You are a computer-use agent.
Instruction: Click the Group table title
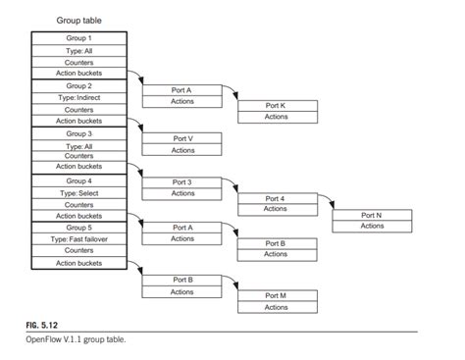pos(77,21)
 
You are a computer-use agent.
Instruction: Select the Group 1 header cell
pos(77,38)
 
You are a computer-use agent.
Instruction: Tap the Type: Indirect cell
pos(77,97)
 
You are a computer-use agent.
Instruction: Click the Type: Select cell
pos(77,192)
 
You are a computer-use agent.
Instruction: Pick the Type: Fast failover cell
pos(77,239)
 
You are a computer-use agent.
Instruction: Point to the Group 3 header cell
pos(77,132)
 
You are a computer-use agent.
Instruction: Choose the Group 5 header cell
pos(77,228)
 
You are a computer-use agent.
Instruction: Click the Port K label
pos(276,105)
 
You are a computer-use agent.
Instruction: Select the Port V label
pos(182,138)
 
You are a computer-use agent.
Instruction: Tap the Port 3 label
pos(182,182)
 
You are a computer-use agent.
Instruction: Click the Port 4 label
pos(276,198)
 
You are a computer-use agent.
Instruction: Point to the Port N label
pos(372,215)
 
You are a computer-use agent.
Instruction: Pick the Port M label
pos(276,295)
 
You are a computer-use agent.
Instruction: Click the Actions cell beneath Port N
pos(372,227)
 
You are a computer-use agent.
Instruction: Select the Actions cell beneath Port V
pos(182,150)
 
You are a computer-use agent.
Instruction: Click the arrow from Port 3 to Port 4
pos(230,187)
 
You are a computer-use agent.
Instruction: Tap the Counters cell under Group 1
pos(77,62)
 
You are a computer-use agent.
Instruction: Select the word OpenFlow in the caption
pos(46,341)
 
